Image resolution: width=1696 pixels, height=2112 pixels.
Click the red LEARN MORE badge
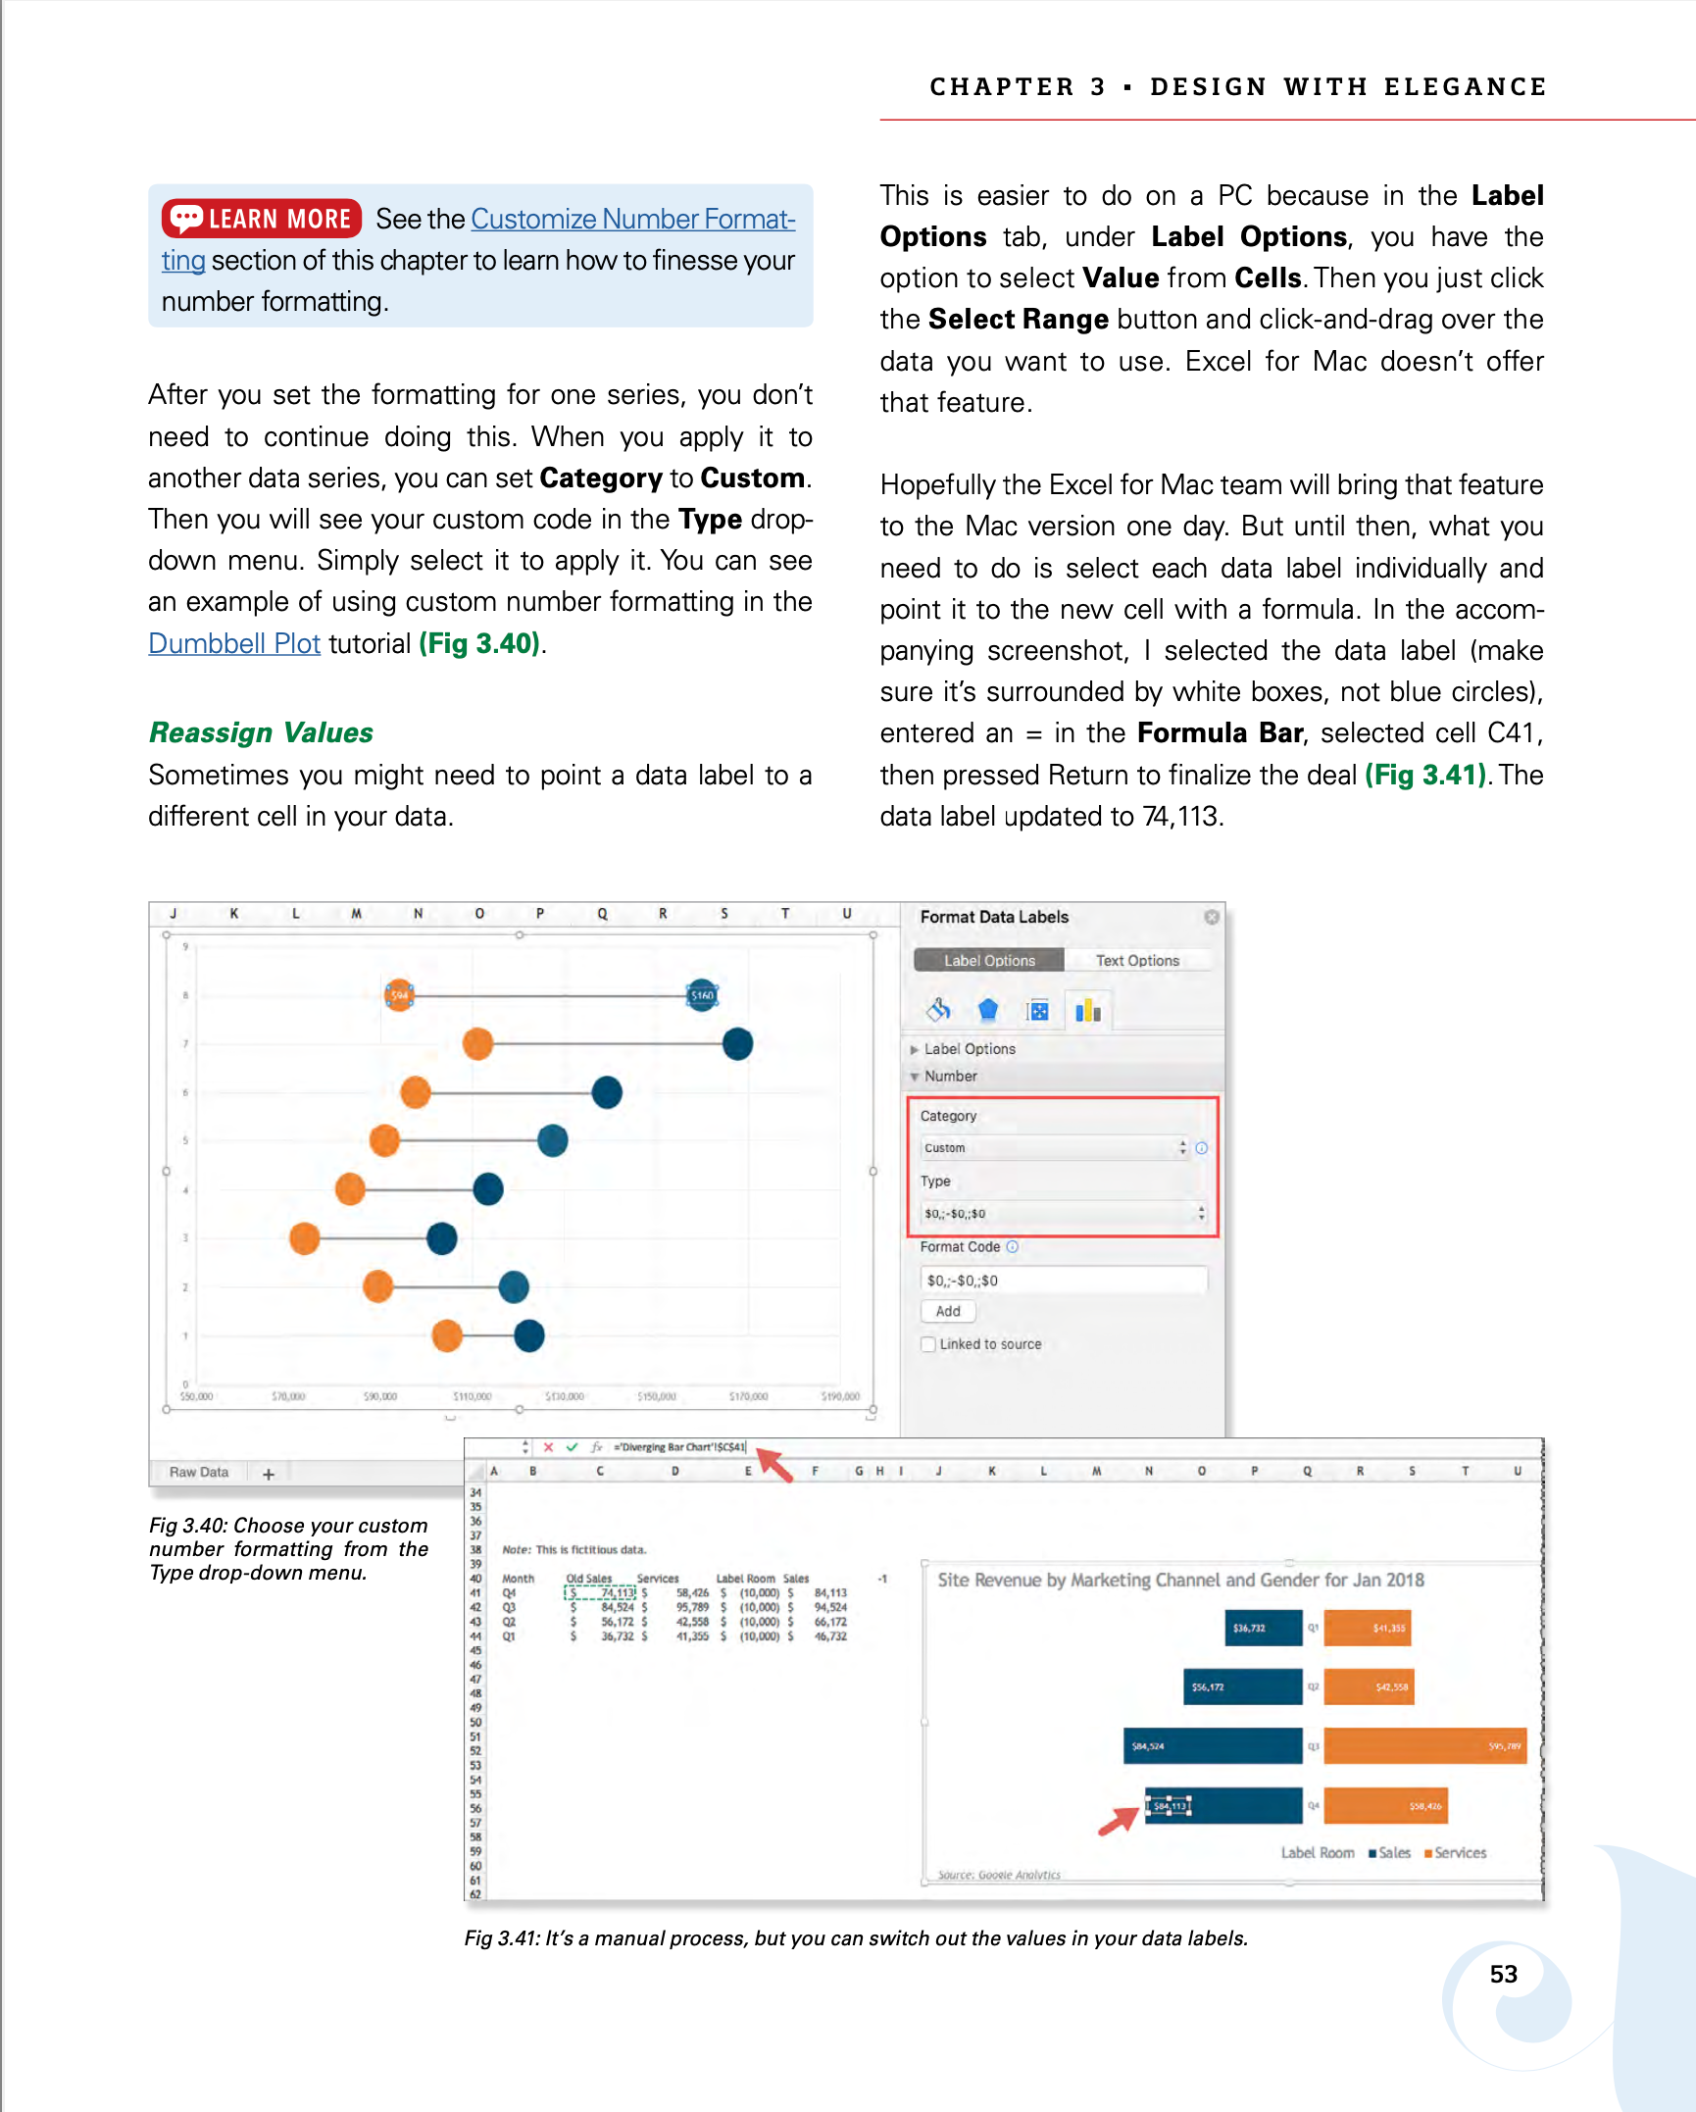click(x=262, y=218)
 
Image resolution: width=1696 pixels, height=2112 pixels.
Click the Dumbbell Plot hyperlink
click(x=234, y=643)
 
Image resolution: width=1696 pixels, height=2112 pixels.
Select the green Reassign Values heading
click(x=261, y=732)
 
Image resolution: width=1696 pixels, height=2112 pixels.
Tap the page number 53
click(x=1503, y=1974)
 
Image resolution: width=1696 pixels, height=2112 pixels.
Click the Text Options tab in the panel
click(x=1137, y=961)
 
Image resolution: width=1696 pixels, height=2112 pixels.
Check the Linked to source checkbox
click(x=928, y=1344)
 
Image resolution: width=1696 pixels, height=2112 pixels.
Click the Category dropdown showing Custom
click(x=1055, y=1148)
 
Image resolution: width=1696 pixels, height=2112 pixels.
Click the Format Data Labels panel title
click(x=994, y=917)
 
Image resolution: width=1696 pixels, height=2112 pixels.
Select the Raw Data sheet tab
click(x=199, y=1472)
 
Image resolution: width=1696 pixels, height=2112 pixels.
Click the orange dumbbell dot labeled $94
click(x=399, y=995)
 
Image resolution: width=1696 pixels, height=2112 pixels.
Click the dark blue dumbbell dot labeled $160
click(x=702, y=995)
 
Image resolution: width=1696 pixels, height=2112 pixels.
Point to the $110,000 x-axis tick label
click(x=472, y=1396)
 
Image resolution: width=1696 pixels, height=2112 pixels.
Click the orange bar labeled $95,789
click(x=1424, y=1745)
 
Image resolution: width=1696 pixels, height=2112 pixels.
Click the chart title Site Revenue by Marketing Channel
click(x=1180, y=1580)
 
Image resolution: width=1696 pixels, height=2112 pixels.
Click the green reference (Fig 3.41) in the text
click(x=1425, y=775)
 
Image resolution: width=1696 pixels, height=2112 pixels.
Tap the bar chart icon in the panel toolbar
click(x=1088, y=1010)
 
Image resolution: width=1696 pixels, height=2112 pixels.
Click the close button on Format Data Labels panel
click(x=1212, y=917)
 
